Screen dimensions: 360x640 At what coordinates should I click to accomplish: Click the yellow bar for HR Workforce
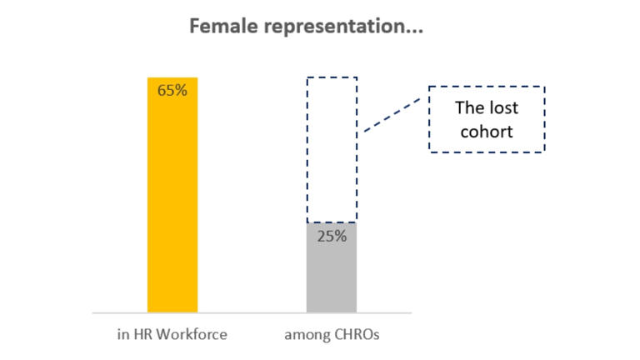(x=172, y=200)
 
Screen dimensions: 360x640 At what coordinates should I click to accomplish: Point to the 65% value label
(x=172, y=90)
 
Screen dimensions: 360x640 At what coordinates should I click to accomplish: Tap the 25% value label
(x=332, y=236)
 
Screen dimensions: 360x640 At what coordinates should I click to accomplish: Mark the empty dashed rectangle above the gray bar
(x=332, y=150)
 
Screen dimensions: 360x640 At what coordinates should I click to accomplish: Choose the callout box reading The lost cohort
(x=487, y=119)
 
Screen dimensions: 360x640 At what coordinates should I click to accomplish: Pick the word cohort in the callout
(x=487, y=131)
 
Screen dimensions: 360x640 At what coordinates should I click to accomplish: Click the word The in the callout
(x=469, y=108)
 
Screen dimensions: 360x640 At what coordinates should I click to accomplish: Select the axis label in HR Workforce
(x=172, y=335)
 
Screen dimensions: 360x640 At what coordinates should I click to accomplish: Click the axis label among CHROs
(x=331, y=335)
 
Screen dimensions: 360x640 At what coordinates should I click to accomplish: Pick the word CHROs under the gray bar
(x=354, y=335)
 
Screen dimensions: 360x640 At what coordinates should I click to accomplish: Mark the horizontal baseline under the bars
(x=250, y=313)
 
